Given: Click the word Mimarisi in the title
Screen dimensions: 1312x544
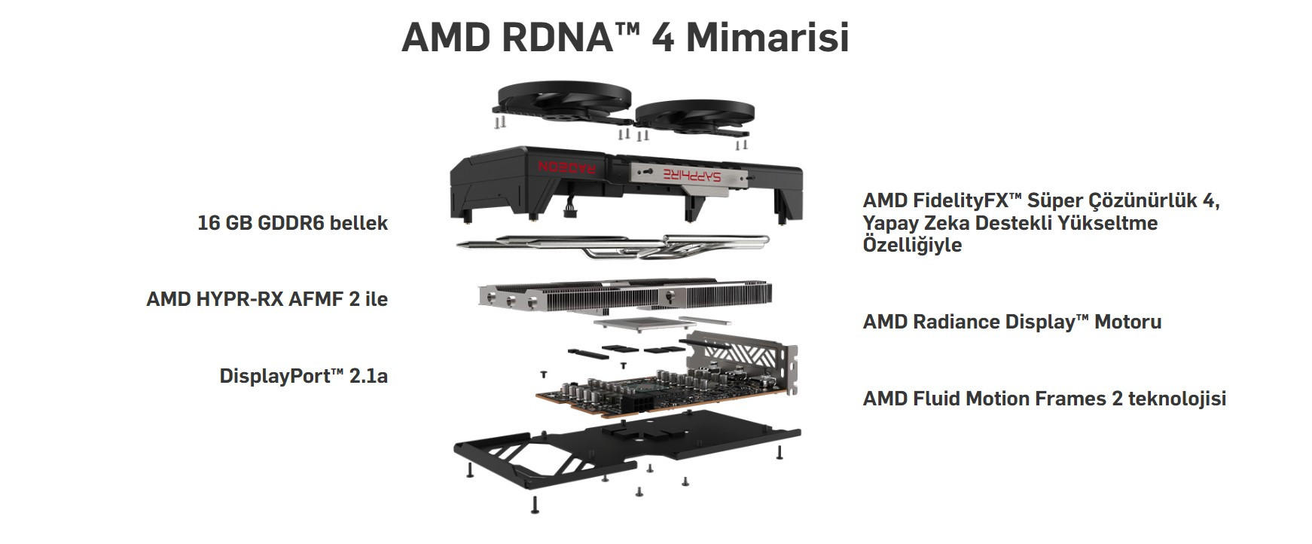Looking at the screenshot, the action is (767, 37).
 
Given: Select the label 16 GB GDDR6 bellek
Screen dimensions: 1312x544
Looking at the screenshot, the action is (292, 223).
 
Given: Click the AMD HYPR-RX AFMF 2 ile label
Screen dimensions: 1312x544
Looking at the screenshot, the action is (267, 299).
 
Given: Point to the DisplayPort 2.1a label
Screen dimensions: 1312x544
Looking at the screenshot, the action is (304, 376).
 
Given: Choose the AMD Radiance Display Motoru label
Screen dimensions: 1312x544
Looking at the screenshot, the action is (1011, 322).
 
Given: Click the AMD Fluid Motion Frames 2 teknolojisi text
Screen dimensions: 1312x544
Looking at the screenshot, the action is (1044, 399).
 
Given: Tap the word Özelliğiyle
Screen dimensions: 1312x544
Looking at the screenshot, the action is (912, 245).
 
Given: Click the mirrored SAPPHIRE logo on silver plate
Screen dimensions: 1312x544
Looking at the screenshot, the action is (691, 175).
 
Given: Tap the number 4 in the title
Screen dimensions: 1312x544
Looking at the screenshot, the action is (662, 37).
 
